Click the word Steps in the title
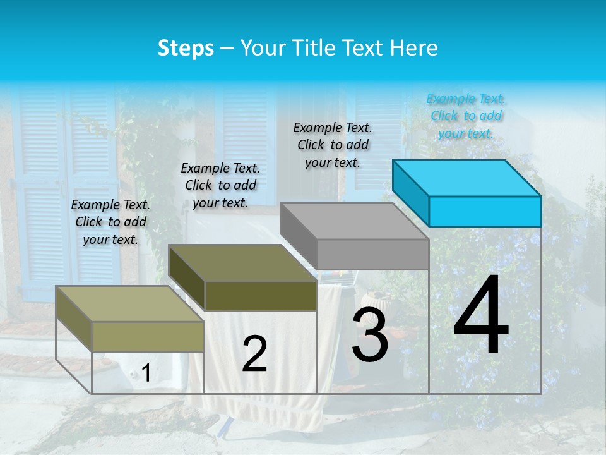[x=186, y=48]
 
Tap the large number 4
[x=481, y=316]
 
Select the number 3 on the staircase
[x=370, y=335]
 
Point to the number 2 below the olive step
[x=254, y=354]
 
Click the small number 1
[x=146, y=373]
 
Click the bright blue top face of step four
[x=467, y=178]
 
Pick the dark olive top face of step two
[x=242, y=263]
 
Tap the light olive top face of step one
[x=130, y=304]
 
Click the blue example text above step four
[x=466, y=116]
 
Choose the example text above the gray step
[x=333, y=145]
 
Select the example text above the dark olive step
[x=220, y=185]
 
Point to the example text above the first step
[x=110, y=222]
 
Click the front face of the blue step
[x=485, y=211]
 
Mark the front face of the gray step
[x=372, y=254]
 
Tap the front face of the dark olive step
[x=261, y=296]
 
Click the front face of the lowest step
[x=148, y=336]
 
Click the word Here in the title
[x=415, y=48]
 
